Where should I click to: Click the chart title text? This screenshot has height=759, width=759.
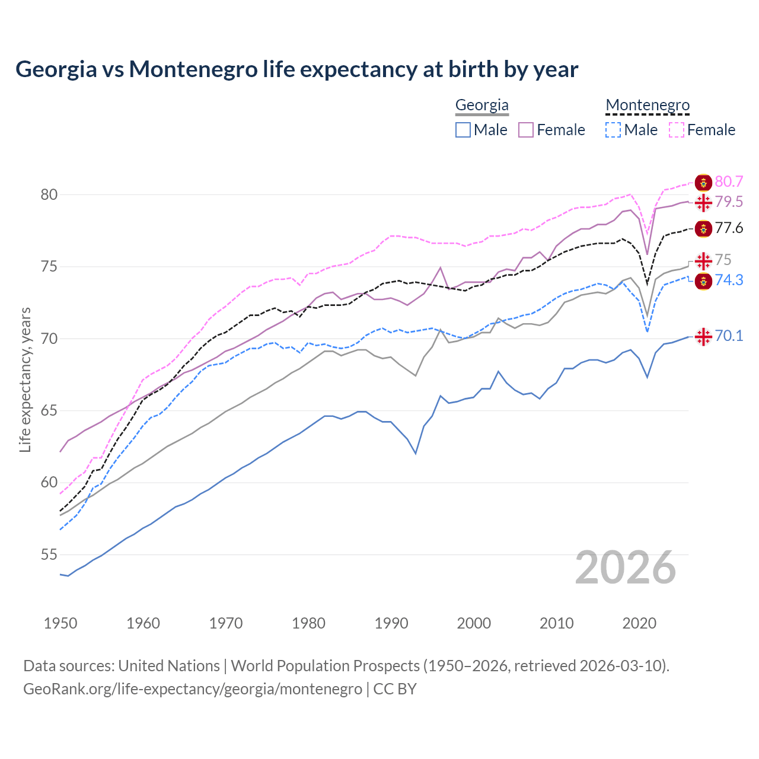coord(296,69)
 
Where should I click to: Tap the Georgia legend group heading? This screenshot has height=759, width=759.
coord(481,106)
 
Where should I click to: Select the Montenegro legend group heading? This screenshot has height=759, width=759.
coord(648,106)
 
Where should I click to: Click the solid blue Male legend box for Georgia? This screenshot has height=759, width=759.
coord(463,130)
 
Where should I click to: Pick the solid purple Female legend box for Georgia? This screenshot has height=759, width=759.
coord(526,130)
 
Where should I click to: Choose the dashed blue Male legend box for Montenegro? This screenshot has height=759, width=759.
coord(613,130)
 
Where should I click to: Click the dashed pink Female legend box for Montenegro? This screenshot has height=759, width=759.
coord(676,130)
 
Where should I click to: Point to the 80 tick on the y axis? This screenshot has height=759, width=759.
coord(49,195)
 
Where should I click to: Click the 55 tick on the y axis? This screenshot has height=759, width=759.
coord(49,555)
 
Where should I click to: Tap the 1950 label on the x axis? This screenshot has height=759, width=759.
coord(60,623)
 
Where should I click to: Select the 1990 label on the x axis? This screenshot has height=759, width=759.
coord(391,623)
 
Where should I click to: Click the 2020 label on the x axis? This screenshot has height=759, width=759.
coord(639,623)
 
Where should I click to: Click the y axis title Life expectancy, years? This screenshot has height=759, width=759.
coord(25,379)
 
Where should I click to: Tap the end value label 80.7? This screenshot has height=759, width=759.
coord(729,182)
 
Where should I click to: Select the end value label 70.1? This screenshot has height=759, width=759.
coord(729,336)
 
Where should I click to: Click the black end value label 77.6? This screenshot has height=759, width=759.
coord(729,228)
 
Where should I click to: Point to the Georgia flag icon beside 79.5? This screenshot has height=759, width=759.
coord(703,203)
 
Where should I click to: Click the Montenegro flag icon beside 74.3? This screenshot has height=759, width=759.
coord(703,281)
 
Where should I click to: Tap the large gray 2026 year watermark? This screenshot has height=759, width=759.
coord(626,568)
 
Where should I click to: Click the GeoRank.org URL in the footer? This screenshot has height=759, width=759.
coord(193,689)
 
